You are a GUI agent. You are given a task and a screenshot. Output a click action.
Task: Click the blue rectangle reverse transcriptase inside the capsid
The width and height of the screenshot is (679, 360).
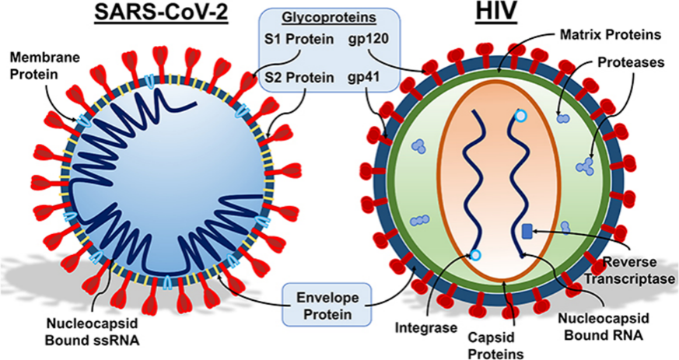(527, 231)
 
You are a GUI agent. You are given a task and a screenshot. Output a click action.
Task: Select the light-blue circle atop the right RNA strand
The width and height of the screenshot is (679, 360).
(520, 117)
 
